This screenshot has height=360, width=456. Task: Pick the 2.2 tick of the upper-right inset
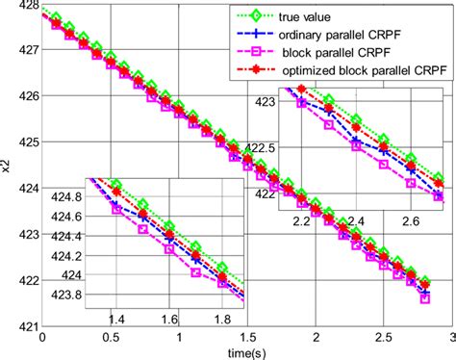pos(301,220)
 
